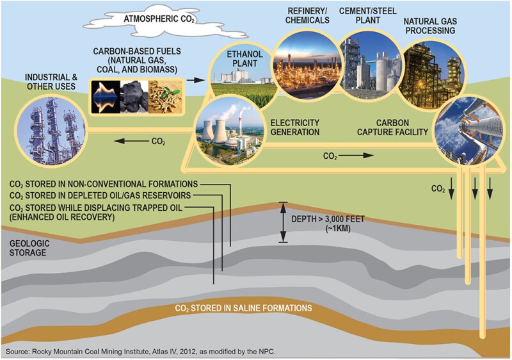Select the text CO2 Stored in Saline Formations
coord(243,308)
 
